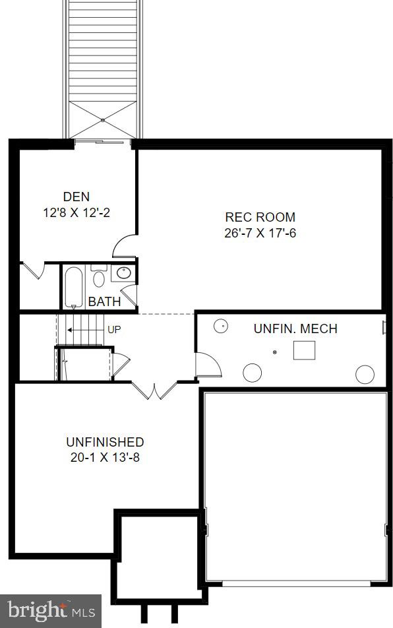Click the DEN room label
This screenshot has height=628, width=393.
(x=76, y=197)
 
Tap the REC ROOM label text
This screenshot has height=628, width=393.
(x=260, y=217)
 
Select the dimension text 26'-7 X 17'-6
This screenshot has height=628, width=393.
(x=260, y=233)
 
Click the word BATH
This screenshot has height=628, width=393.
(x=104, y=302)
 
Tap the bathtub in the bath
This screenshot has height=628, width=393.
(x=73, y=286)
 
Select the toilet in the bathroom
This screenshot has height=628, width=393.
(x=99, y=277)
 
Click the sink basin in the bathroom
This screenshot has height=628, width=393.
(x=123, y=272)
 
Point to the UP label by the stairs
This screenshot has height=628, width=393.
(x=114, y=329)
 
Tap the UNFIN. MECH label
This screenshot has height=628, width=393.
(x=295, y=329)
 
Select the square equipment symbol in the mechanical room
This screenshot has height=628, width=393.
(x=304, y=350)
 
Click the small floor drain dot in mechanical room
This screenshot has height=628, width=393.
(x=275, y=352)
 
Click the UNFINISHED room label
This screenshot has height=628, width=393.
(x=105, y=442)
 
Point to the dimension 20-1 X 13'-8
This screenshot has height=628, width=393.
(x=105, y=458)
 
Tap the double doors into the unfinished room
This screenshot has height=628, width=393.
(x=154, y=390)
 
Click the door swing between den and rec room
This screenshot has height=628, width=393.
(x=125, y=247)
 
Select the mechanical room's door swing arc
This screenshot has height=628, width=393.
(x=206, y=365)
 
